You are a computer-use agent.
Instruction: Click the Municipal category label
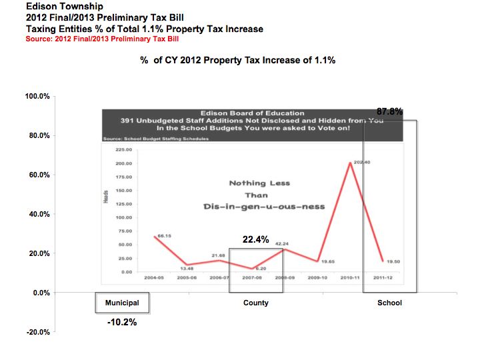(x=122, y=303)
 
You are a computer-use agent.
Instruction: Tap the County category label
(x=256, y=303)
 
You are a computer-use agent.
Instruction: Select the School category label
(x=389, y=303)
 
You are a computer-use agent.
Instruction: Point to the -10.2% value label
(x=122, y=322)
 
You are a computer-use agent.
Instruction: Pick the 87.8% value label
(x=389, y=112)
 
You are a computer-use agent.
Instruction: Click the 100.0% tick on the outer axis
(x=37, y=97)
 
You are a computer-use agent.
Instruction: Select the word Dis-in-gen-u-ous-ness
(x=264, y=207)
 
